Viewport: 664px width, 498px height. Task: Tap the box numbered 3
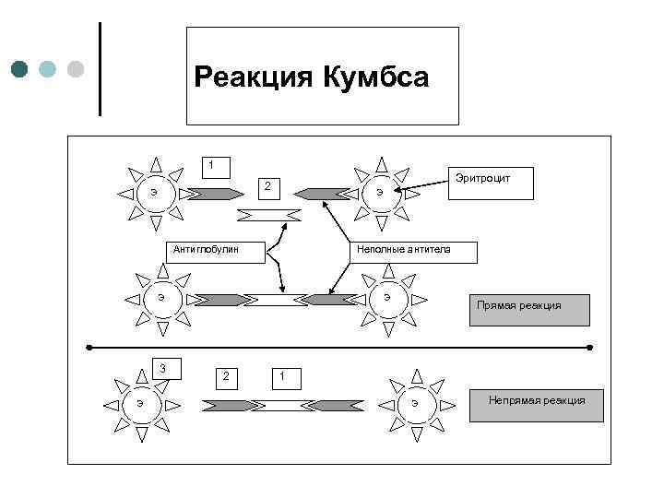164,369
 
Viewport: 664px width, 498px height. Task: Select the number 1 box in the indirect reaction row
283,375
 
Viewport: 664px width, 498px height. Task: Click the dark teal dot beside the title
20,69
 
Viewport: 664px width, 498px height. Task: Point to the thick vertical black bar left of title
99,69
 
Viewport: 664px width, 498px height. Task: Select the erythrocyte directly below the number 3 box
139,403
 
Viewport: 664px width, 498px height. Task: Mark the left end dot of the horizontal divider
89,348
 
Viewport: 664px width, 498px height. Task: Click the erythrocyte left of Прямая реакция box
387,298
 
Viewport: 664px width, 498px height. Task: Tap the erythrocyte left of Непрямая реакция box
415,403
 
